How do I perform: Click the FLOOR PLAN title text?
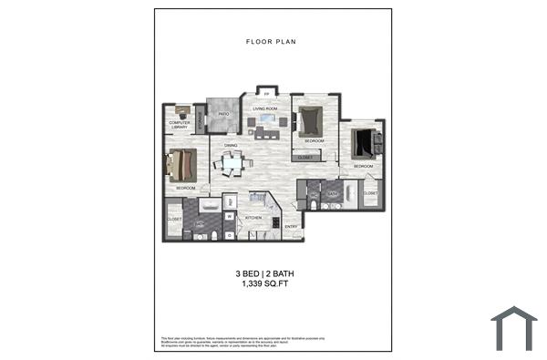tap(271, 42)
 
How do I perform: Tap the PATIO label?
tap(222, 114)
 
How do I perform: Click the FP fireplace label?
tap(265, 93)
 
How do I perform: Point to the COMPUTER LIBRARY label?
tap(179, 124)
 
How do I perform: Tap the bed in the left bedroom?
tap(181, 165)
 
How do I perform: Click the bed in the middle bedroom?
tap(310, 120)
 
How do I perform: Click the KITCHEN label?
tap(254, 218)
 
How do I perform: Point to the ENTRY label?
tap(291, 226)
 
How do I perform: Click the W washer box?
tap(230, 217)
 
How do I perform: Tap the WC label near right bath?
tap(313, 194)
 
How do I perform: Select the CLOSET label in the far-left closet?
tap(174, 220)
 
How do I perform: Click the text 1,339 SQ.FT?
tap(271, 284)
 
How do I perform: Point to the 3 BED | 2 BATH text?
tap(271, 273)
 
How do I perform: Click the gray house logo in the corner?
tap(513, 326)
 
